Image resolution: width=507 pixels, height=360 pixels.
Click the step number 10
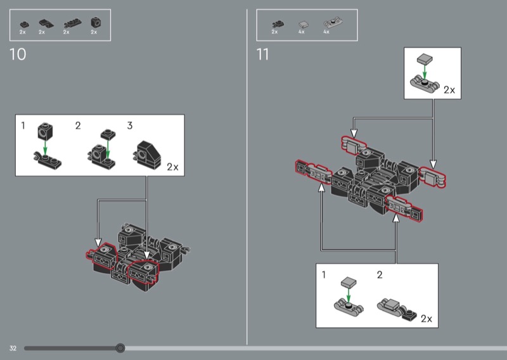coord(18,55)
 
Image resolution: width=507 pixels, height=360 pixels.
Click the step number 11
coord(262,55)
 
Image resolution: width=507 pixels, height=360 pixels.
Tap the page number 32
coord(13,348)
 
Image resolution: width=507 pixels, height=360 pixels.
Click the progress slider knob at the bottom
coord(120,348)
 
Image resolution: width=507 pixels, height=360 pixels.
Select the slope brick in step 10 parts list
coord(46,23)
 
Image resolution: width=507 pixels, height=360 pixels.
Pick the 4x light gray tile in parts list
coord(304,24)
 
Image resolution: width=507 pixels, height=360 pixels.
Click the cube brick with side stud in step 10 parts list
coord(96,22)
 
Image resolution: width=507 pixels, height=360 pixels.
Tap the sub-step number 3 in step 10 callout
coord(130,125)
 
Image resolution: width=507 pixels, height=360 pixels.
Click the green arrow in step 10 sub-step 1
coord(45,148)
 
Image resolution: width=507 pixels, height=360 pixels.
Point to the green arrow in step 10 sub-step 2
coord(108,150)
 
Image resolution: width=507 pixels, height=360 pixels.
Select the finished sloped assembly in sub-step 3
coord(147,155)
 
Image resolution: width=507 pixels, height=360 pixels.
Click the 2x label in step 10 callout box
coord(172,167)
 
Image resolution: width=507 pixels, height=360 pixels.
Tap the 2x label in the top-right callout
coord(449,90)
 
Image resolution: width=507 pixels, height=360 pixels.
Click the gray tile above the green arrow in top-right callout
coord(425,59)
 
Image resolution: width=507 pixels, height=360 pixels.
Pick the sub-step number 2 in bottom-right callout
coord(380,275)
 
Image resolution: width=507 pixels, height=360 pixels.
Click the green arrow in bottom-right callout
coord(349,295)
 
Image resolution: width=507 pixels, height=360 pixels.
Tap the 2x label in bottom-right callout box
coord(427,319)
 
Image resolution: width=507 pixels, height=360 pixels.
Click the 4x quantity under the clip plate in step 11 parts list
coord(326,32)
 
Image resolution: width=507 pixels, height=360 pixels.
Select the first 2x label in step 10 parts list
coord(22,32)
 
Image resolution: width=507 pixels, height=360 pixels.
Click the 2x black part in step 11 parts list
coord(278,24)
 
